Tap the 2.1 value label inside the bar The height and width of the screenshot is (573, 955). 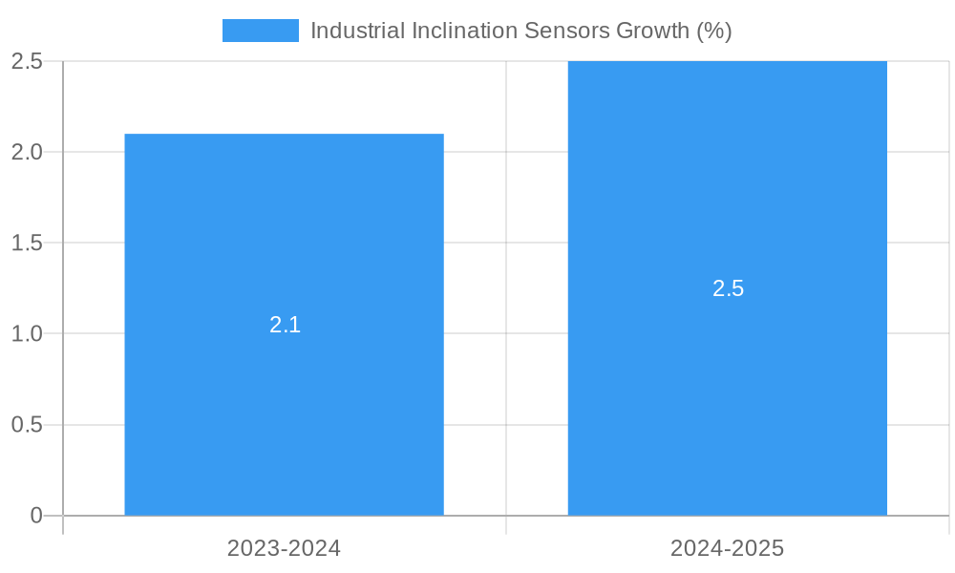point(285,325)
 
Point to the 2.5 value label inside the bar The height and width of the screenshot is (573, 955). point(728,288)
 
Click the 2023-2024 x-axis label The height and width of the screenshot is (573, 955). point(284,548)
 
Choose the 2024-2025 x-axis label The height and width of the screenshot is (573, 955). point(727,548)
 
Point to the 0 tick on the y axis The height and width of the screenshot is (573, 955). point(36,516)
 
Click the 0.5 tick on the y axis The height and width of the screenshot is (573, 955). point(27,425)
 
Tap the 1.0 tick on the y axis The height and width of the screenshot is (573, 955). point(27,333)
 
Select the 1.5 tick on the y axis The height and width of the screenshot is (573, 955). point(27,243)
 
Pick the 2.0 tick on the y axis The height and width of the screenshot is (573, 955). point(27,152)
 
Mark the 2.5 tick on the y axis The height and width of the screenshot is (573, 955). point(27,61)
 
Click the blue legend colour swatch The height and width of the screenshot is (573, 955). point(260,31)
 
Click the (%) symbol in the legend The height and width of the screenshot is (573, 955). point(714,31)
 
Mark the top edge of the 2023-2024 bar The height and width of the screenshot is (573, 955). point(284,135)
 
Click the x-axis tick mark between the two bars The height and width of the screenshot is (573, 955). point(506,525)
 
